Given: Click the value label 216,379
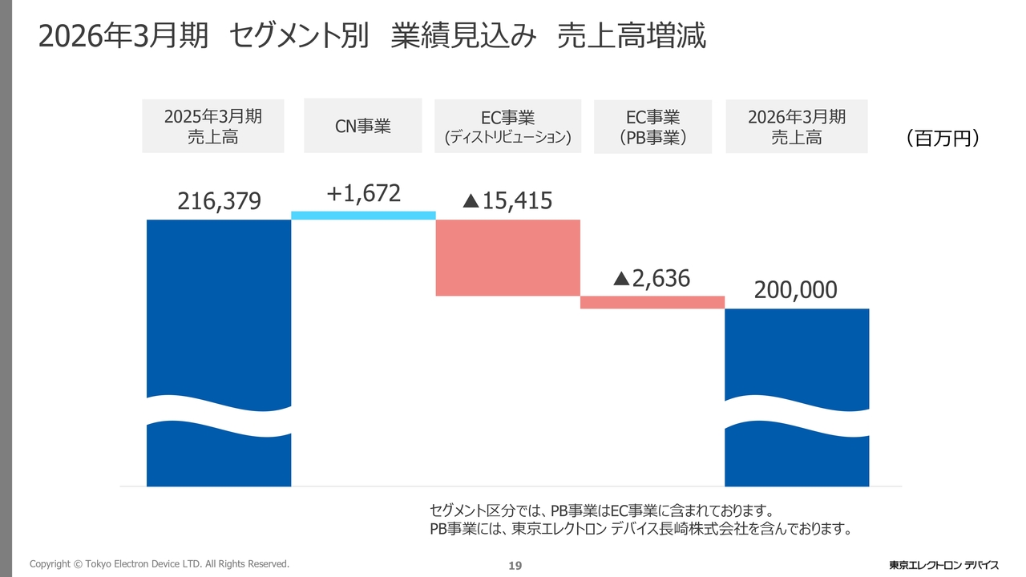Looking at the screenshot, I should click(x=219, y=201).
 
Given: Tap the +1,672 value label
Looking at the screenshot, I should click(x=363, y=194).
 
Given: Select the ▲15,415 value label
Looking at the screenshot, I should click(x=507, y=200).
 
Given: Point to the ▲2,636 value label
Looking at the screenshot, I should click(x=651, y=278).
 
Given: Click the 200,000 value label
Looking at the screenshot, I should click(x=795, y=290).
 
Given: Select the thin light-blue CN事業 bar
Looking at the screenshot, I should click(x=363, y=216).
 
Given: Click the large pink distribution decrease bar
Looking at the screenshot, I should click(x=507, y=257).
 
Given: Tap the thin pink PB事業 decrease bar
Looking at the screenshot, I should click(x=652, y=302).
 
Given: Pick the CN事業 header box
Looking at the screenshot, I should click(x=362, y=126).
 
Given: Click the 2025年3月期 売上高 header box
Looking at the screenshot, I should click(x=213, y=127).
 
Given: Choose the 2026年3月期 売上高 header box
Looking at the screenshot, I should click(x=796, y=127).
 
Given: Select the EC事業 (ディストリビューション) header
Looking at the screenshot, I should click(x=507, y=127).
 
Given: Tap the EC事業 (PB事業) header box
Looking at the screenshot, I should click(x=652, y=127).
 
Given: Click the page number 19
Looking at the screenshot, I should click(x=515, y=566).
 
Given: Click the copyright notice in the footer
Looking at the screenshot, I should click(x=159, y=564).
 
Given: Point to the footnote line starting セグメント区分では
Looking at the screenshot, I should click(x=601, y=510).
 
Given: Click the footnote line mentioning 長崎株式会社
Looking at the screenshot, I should click(x=640, y=529).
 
